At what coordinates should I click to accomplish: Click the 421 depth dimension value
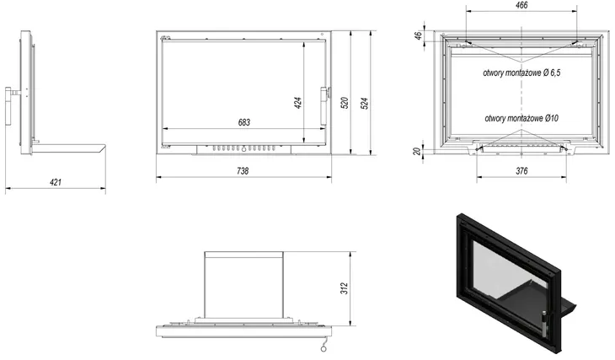click(x=56, y=182)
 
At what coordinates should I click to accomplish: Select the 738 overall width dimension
click(x=243, y=171)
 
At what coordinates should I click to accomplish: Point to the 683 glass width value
click(x=244, y=122)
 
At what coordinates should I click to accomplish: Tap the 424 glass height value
click(x=298, y=103)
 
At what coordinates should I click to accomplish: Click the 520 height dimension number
click(x=345, y=103)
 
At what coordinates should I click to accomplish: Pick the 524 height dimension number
click(x=365, y=103)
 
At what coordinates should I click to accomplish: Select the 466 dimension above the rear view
click(x=521, y=5)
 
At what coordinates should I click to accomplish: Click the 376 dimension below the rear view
click(x=521, y=171)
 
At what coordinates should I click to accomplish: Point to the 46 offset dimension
click(x=419, y=35)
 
